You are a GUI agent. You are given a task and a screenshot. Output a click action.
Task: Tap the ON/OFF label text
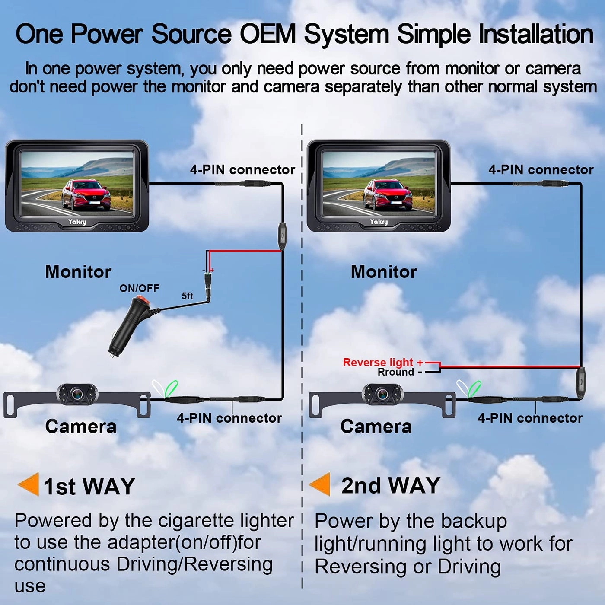point(139,288)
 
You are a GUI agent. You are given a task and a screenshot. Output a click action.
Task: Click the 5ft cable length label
point(187,296)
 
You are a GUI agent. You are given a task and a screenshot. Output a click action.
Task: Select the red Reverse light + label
point(382,362)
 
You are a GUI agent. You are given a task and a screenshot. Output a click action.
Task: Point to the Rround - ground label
point(399,372)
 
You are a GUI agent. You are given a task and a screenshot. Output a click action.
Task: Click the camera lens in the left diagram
point(77,394)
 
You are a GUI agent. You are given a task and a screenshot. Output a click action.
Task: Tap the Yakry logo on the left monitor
point(77,222)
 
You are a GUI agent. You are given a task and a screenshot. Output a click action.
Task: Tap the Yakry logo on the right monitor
point(379,222)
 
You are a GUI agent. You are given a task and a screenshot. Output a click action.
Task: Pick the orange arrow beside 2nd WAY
point(320,484)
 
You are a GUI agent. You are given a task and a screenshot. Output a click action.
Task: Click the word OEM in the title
point(267,34)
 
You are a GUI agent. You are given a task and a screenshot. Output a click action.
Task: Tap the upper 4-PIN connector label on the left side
point(242,169)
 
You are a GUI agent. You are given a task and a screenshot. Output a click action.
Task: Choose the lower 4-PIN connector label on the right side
point(530,418)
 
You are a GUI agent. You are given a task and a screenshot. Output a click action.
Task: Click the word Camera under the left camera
point(81,427)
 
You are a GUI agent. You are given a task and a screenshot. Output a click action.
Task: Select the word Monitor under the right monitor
point(384,272)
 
